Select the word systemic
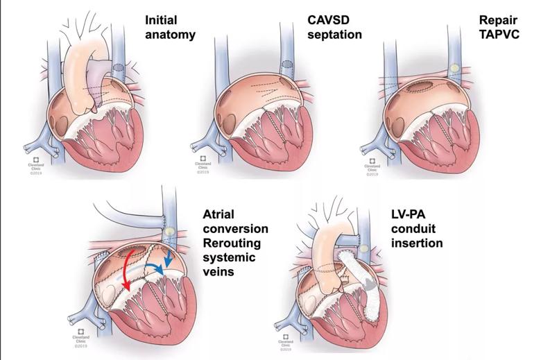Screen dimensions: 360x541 230,259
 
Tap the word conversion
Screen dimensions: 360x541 236,228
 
